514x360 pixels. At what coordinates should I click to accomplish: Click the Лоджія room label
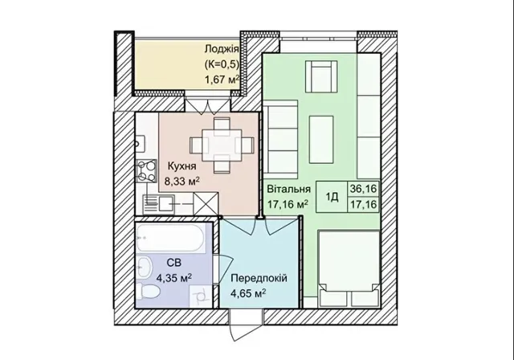pyautogui.click(x=222, y=50)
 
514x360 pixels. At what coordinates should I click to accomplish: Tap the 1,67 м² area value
pyautogui.click(x=222, y=80)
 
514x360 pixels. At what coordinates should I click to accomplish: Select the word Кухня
pyautogui.click(x=182, y=166)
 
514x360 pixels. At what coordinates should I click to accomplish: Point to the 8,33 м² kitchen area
pyautogui.click(x=182, y=181)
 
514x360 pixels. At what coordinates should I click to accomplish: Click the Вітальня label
pyautogui.click(x=288, y=189)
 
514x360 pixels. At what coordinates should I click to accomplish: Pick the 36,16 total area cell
pyautogui.click(x=364, y=189)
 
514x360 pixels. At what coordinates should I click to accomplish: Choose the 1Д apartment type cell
pyautogui.click(x=332, y=197)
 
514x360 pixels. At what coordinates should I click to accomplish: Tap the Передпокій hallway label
pyautogui.click(x=259, y=278)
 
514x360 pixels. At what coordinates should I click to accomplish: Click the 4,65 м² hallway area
pyautogui.click(x=248, y=293)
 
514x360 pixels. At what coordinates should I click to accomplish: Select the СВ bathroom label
pyautogui.click(x=173, y=263)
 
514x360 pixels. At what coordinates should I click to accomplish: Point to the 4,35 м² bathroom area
pyautogui.click(x=174, y=278)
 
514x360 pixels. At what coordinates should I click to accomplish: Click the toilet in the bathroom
pyautogui.click(x=148, y=291)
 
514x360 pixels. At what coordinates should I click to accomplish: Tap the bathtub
pyautogui.click(x=170, y=238)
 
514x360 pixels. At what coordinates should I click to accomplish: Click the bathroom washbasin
pyautogui.click(x=144, y=267)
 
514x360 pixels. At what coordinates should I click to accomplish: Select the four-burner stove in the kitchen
pyautogui.click(x=146, y=170)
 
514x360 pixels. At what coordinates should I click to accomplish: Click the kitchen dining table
pyautogui.click(x=222, y=145)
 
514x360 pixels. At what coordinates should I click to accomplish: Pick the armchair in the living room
pyautogui.click(x=321, y=76)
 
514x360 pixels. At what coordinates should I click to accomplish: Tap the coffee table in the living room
pyautogui.click(x=321, y=140)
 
